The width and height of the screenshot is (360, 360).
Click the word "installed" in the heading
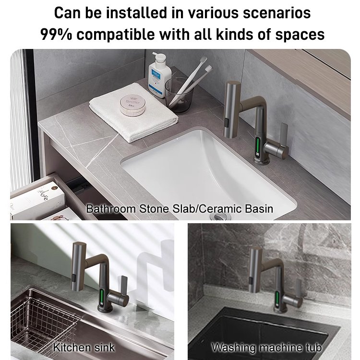[136, 13]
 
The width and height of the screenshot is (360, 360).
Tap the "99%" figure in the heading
[56, 35]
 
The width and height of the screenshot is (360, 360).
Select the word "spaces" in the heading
[300, 35]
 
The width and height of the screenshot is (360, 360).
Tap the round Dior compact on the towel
[132, 106]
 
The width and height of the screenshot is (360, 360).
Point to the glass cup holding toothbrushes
[179, 95]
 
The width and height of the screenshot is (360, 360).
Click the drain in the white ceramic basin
[220, 216]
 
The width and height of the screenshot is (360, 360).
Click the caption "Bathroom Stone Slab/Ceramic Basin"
[180, 209]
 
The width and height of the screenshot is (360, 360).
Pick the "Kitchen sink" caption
[84, 347]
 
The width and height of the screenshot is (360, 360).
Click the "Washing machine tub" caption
[266, 347]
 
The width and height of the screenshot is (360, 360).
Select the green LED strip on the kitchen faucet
[102, 297]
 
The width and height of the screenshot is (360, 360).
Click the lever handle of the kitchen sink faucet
[124, 286]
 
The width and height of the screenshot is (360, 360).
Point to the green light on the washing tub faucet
[277, 299]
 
